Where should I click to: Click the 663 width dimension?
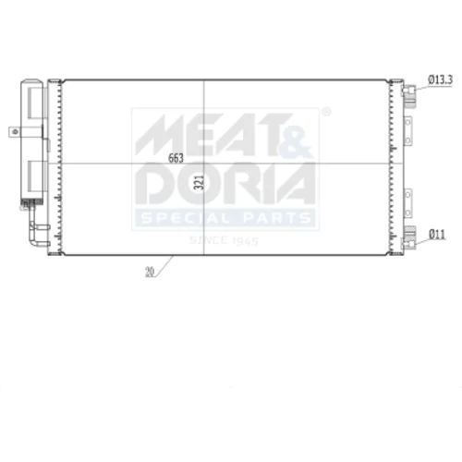[x=176, y=158]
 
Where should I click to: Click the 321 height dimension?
[x=200, y=182]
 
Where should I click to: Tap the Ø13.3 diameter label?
[x=441, y=80]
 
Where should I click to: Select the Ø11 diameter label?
[x=437, y=235]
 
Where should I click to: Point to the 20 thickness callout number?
[x=150, y=272]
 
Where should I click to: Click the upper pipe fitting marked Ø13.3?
[x=409, y=95]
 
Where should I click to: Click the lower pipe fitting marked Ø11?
[x=409, y=237]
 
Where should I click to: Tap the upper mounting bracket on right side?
[x=407, y=131]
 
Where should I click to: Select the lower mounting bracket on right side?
[x=407, y=203]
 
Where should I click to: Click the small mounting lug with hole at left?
[x=15, y=132]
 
